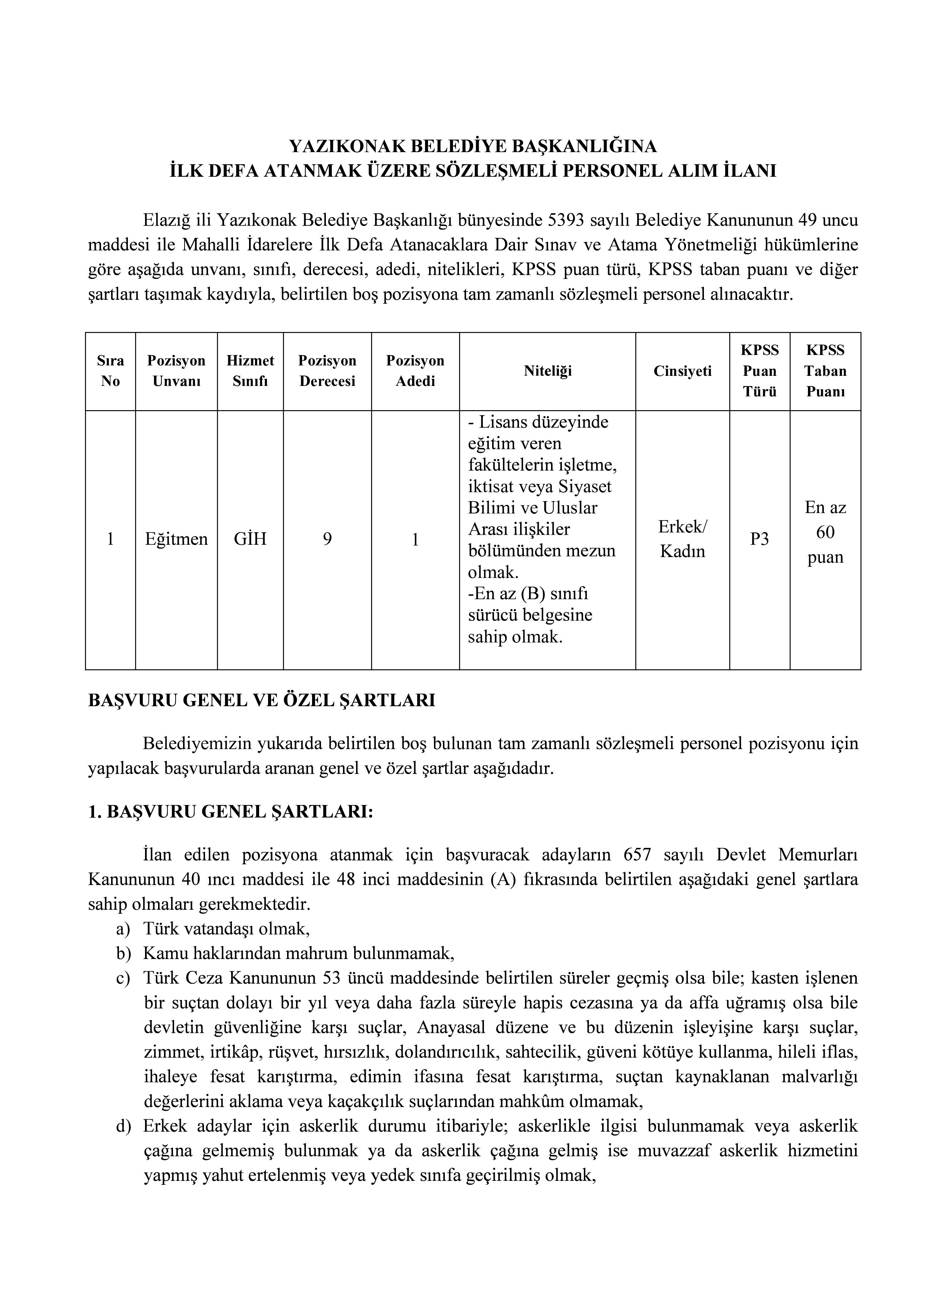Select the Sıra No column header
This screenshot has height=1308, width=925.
pos(110,371)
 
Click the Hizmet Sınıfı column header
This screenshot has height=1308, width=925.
pos(250,371)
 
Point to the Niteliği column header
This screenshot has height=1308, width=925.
pos(547,371)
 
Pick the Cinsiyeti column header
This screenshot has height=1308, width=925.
pos(682,371)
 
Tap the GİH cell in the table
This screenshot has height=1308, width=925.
pos(250,539)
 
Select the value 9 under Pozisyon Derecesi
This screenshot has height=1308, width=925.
pos(327,539)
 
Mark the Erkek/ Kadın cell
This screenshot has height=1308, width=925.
pos(682,539)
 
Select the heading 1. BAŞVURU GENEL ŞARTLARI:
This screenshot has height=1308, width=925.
pos(231,812)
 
